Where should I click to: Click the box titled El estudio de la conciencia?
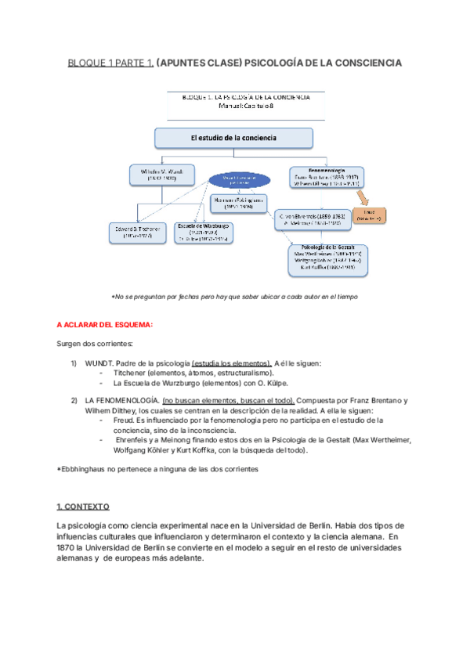pos(233,139)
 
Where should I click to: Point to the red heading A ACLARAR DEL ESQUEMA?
pos(105,324)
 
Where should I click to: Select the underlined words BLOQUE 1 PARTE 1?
pos(110,62)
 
